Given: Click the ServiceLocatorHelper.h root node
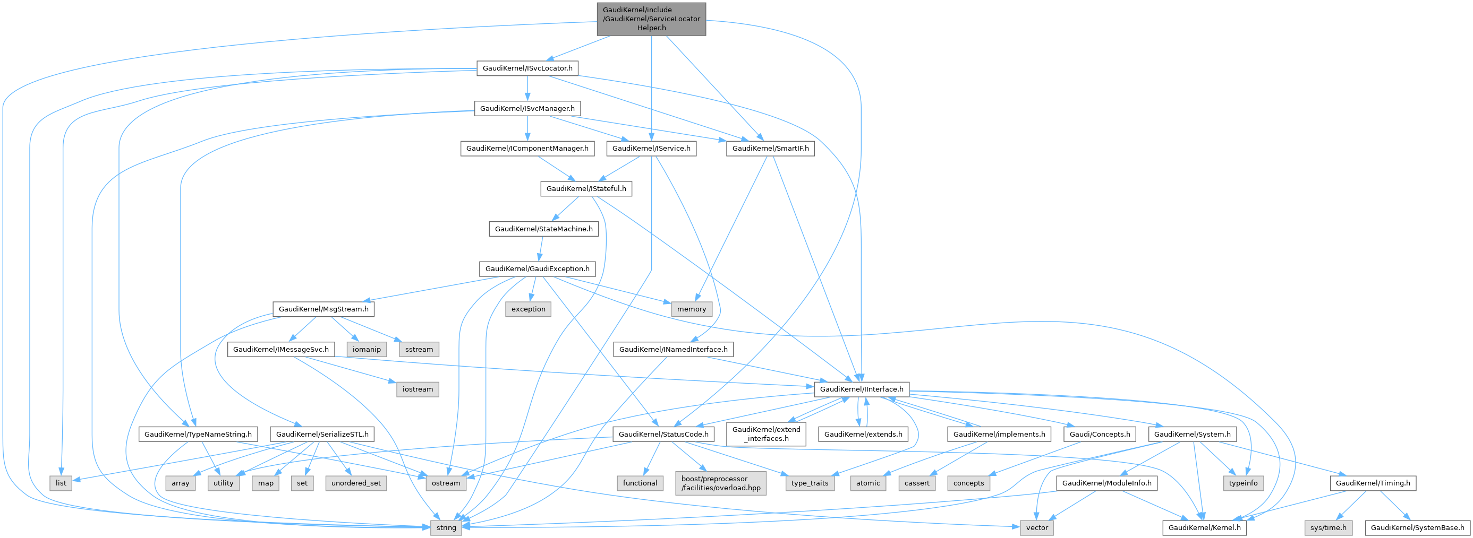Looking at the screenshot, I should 651,19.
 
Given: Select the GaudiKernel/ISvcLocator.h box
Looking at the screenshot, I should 527,68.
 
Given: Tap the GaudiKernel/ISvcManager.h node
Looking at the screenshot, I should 527,109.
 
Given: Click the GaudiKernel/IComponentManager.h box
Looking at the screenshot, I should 527,149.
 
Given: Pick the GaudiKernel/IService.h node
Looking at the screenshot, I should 651,149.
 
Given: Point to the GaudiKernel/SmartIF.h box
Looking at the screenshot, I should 770,149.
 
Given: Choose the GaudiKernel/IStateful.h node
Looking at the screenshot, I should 586,188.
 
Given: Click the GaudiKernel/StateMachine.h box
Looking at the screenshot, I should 543,229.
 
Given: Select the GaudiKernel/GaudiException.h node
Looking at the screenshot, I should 537,269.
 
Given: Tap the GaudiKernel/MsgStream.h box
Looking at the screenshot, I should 323,309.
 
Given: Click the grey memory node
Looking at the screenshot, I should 691,309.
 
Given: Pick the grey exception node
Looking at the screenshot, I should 528,309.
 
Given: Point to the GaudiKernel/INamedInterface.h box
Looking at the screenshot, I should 673,349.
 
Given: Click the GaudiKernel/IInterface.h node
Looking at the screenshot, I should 861,389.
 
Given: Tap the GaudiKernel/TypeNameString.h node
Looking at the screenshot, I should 198,434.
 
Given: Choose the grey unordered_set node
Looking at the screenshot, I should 356,483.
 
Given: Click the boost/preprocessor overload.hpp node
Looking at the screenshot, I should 720,483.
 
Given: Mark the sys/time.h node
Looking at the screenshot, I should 1329,528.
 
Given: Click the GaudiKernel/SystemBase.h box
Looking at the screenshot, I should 1418,528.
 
